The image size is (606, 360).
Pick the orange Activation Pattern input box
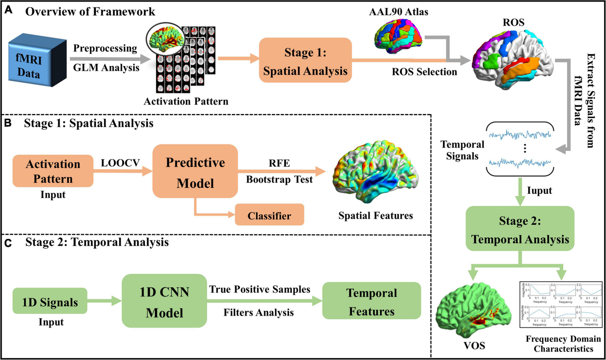tap(52, 172)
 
